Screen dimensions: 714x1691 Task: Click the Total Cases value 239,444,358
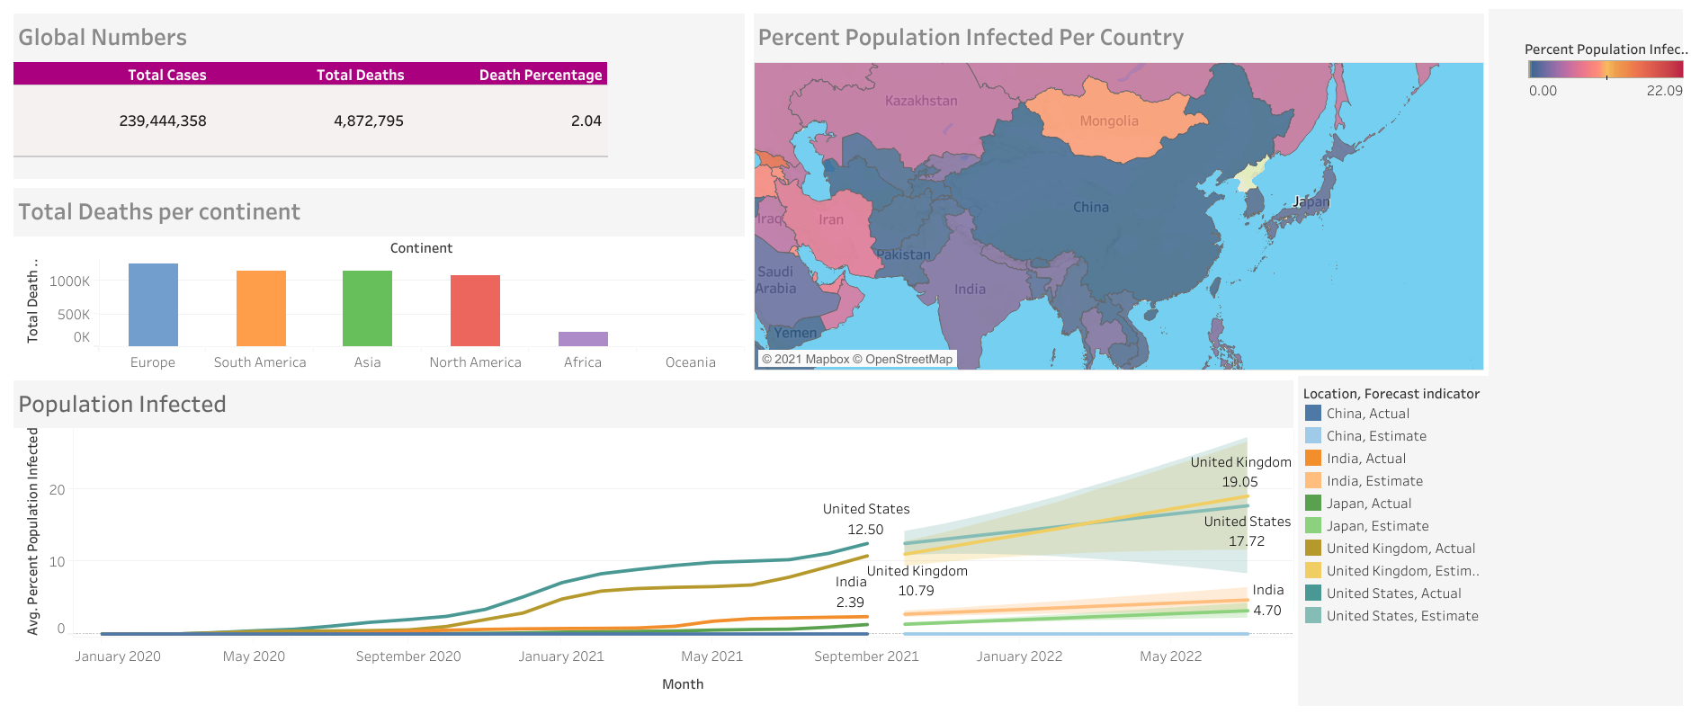point(163,120)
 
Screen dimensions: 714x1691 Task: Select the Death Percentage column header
point(540,75)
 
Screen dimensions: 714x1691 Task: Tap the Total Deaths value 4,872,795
point(368,120)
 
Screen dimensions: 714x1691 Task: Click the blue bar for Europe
point(153,305)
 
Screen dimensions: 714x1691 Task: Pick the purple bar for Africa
point(583,339)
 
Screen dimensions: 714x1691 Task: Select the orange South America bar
point(261,308)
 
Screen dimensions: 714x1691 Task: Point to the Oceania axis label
point(690,362)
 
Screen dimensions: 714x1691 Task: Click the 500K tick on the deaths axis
point(74,315)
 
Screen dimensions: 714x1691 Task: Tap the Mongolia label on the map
point(1109,121)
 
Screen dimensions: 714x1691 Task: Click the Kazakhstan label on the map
point(921,101)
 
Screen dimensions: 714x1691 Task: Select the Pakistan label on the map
point(903,254)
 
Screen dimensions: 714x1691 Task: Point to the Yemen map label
point(796,333)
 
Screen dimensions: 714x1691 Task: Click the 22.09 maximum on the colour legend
point(1664,91)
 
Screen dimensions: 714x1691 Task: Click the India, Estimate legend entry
point(1374,481)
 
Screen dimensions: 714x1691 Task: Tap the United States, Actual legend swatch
point(1313,594)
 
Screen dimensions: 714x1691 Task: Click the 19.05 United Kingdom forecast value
point(1239,482)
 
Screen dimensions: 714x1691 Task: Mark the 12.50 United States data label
point(865,530)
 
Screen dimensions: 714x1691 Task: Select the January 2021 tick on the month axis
point(561,656)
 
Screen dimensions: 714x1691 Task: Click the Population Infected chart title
point(122,405)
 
